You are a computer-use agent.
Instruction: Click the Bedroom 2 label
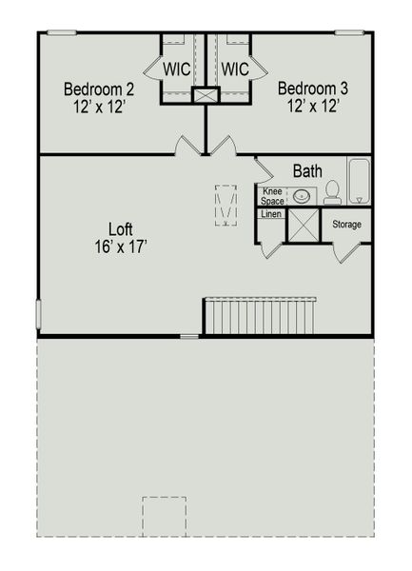[98, 89]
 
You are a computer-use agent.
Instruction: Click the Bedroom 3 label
[312, 89]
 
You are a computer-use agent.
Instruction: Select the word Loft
[119, 229]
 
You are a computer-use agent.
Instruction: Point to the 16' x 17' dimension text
[119, 246]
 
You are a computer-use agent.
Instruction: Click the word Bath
[306, 171]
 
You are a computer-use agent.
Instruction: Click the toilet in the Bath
[332, 193]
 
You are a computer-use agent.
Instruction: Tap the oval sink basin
[301, 196]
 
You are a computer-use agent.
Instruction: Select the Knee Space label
[272, 196]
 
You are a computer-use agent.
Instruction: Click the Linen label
[270, 214]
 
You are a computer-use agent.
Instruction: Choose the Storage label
[346, 225]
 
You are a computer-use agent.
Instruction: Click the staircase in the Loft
[260, 316]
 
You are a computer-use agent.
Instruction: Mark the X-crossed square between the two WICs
[206, 95]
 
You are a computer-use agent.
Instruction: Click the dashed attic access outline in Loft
[226, 206]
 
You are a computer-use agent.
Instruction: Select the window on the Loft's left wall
[38, 313]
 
